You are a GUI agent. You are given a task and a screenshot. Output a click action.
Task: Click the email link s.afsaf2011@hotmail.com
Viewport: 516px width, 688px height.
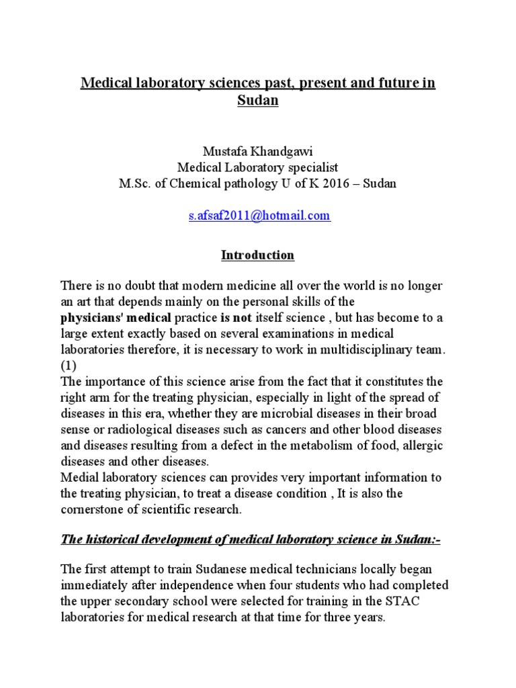point(258,216)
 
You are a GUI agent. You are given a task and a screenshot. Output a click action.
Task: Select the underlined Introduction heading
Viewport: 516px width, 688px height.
point(258,255)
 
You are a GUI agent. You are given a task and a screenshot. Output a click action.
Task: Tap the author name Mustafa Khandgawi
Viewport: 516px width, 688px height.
point(258,151)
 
